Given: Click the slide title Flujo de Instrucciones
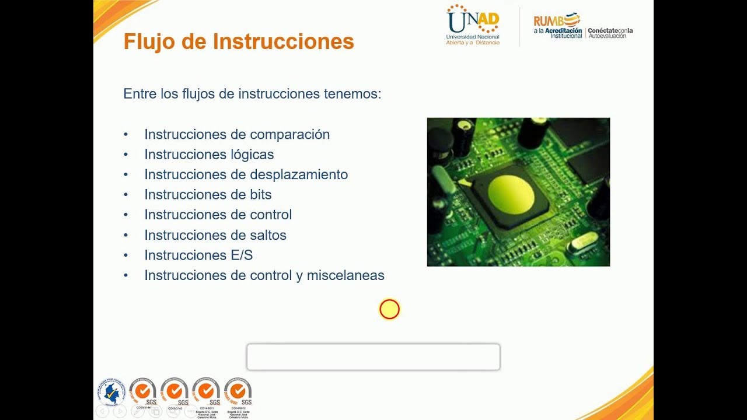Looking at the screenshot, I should click(x=239, y=42).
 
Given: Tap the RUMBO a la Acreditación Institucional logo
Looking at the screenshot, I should click(x=557, y=26).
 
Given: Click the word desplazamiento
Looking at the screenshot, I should click(x=299, y=174).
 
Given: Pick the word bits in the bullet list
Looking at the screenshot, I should click(x=260, y=195).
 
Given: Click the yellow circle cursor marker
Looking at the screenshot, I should click(x=389, y=309).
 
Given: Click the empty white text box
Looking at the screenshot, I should click(x=373, y=356).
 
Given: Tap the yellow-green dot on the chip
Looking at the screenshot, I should click(x=511, y=194).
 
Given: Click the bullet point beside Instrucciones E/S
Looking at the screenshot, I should click(x=125, y=256).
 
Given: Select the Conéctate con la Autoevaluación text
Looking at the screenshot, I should click(x=610, y=33).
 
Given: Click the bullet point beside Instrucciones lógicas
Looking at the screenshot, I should click(x=125, y=155).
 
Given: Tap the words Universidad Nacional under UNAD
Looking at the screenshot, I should click(x=473, y=37).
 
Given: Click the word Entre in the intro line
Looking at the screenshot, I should click(x=138, y=94).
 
